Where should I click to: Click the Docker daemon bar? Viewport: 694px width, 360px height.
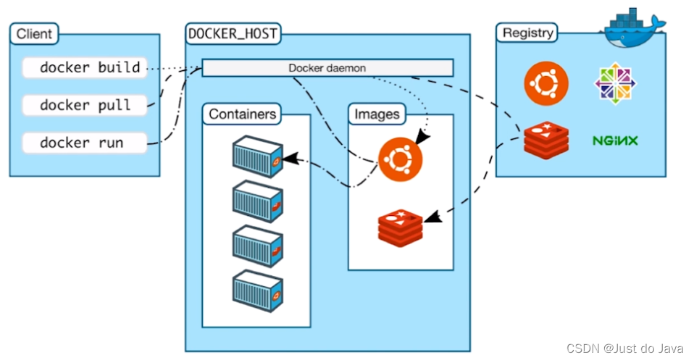327,68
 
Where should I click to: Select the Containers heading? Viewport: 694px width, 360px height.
242,114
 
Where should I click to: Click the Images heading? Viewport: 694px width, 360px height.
377,114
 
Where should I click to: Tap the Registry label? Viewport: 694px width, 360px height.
528,33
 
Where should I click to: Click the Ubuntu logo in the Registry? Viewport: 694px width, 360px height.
546,82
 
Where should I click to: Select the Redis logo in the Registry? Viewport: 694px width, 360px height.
546,140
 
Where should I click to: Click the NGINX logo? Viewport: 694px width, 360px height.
615,141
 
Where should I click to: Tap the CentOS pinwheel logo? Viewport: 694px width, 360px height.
616,82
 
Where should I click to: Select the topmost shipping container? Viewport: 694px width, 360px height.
257,157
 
